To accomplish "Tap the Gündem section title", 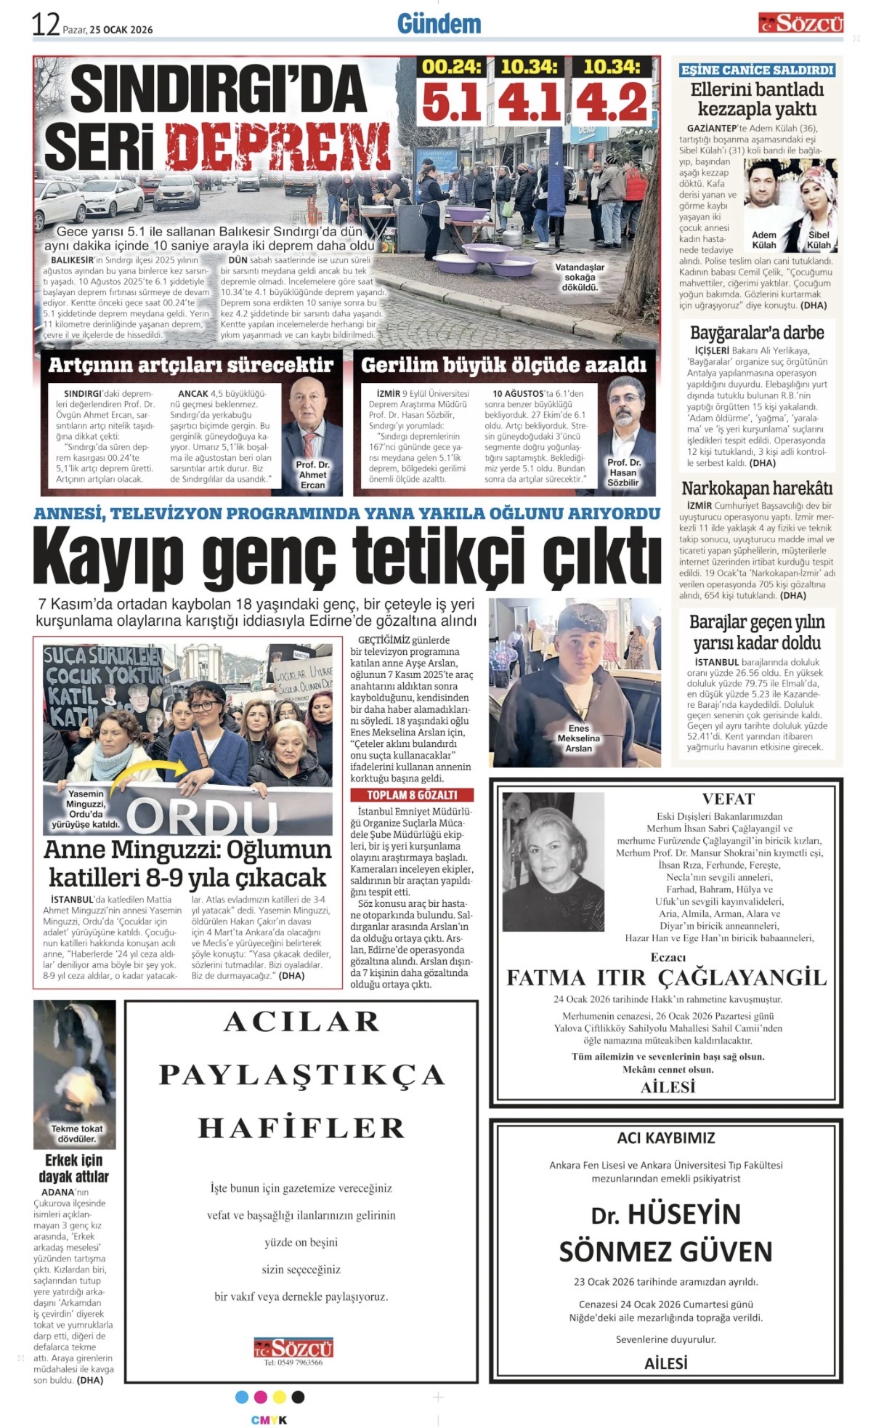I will [439, 24].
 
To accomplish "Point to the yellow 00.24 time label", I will [452, 67].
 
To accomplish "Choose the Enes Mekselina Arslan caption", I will [578, 738].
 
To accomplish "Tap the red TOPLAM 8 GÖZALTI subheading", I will [411, 795].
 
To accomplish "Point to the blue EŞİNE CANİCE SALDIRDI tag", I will [757, 70].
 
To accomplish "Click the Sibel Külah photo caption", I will [818, 240].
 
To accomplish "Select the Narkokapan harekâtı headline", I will [757, 488].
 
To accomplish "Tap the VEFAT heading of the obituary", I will [729, 799].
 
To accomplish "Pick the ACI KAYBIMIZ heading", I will [665, 1137].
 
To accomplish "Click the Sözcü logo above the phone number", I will [293, 1347].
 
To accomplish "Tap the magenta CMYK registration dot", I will [260, 1397].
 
